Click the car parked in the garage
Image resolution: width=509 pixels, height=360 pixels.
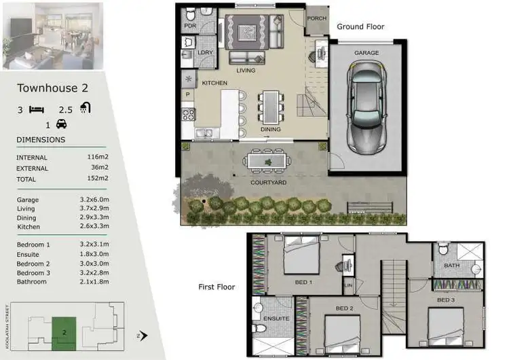point(366,107)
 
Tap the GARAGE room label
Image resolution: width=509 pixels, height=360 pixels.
point(366,53)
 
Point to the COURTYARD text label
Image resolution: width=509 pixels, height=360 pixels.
point(268,183)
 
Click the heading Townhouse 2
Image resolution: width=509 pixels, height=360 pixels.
point(52,88)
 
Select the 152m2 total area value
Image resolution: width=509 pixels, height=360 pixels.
point(98,179)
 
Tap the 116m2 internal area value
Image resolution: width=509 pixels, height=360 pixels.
point(98,156)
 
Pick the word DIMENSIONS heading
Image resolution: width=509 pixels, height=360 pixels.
point(41,140)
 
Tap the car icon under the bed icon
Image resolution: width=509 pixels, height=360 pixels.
point(61,124)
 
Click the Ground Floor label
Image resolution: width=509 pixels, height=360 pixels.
point(361,27)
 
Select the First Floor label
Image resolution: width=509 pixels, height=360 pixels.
point(216,287)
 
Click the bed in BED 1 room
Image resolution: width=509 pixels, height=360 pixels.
point(299,257)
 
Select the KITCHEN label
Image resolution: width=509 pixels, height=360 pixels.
point(214,83)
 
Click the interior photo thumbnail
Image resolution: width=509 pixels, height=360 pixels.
point(53,35)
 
